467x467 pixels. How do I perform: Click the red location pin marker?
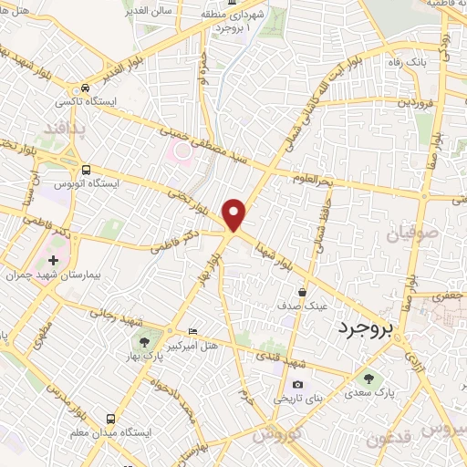tap(235, 213)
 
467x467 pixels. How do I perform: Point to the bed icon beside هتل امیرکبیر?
tap(191, 329)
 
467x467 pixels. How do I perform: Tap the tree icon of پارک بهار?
tap(144, 342)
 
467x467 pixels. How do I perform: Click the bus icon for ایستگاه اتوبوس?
tap(86, 169)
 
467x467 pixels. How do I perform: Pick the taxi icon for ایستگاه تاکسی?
tap(84, 88)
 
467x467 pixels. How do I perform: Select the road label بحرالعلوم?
tap(313, 178)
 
